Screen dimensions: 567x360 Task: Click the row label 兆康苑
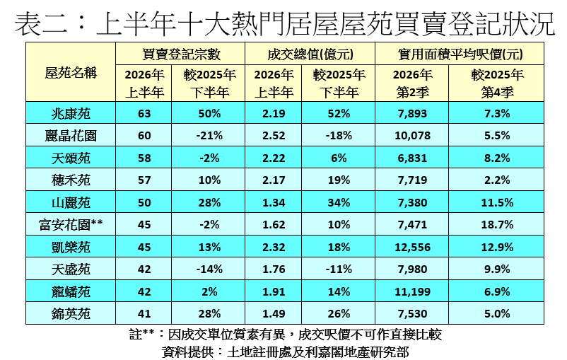tap(71, 114)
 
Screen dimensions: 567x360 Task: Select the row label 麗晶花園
tap(71, 136)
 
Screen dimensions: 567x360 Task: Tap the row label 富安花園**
tap(71, 225)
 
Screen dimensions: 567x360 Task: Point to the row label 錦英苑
tap(71, 314)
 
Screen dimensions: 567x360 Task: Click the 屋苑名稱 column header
tap(71, 73)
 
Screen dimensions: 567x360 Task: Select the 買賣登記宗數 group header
tap(181, 54)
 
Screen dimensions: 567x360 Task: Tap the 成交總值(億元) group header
tap(310, 54)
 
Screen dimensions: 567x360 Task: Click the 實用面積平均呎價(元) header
tap(460, 54)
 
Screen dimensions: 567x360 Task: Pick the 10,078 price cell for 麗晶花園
tap(413, 136)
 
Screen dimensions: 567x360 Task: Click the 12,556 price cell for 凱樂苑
tap(413, 247)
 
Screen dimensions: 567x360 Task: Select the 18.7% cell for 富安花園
tap(497, 225)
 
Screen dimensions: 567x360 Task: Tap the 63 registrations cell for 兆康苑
tap(144, 114)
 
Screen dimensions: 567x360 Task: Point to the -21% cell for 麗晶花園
tap(209, 136)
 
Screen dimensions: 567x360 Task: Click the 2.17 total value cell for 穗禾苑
tap(274, 180)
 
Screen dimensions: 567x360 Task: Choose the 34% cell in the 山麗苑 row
tap(339, 202)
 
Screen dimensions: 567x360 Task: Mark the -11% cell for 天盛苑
tap(339, 269)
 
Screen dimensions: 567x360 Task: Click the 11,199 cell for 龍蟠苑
tap(413, 291)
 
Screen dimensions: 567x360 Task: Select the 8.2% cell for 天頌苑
tap(497, 158)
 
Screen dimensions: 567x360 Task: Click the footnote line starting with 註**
tap(286, 335)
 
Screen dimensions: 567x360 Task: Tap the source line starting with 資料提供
tap(286, 352)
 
